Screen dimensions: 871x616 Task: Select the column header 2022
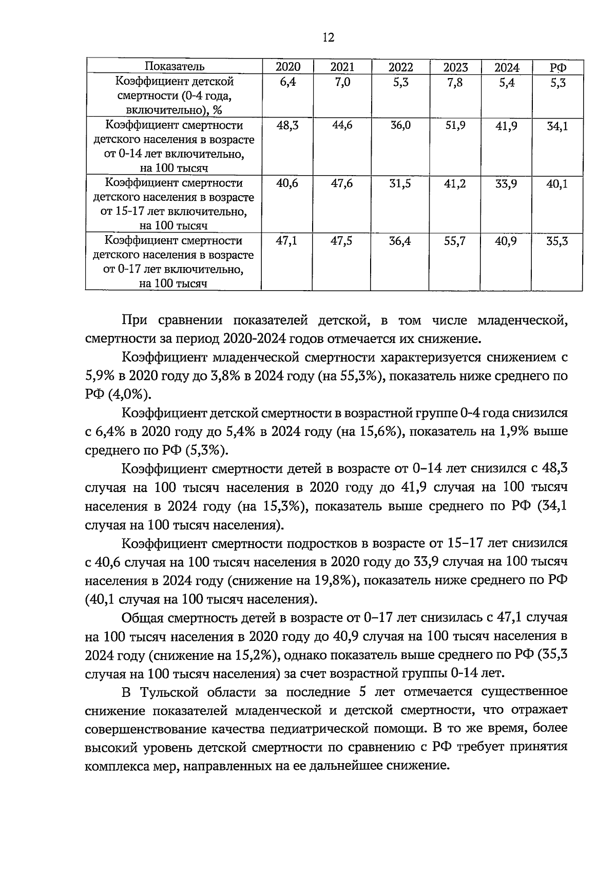(x=400, y=67)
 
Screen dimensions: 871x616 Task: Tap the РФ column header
(x=557, y=67)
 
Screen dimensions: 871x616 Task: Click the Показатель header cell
(x=174, y=66)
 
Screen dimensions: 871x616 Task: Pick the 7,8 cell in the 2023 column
(x=455, y=82)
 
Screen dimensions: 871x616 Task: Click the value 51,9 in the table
(x=455, y=126)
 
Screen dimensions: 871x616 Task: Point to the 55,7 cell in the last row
(x=455, y=241)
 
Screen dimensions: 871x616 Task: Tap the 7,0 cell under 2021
(x=342, y=82)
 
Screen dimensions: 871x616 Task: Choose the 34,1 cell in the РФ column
(x=557, y=126)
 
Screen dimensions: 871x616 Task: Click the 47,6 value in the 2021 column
(x=342, y=183)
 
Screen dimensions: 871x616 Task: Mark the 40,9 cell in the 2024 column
(x=506, y=241)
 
